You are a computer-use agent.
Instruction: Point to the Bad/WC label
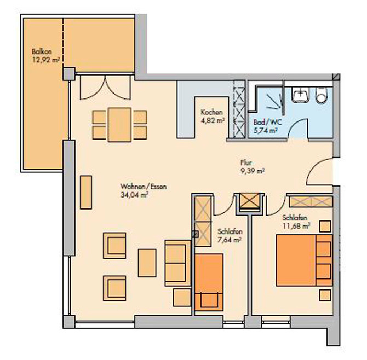click(263, 123)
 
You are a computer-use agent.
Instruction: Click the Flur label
click(246, 162)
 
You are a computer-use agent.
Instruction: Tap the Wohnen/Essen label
click(135, 186)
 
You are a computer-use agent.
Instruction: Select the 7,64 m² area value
click(230, 239)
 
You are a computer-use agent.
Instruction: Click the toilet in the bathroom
click(322, 95)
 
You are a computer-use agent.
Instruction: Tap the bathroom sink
click(301, 95)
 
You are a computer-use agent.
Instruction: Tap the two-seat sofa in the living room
click(176, 262)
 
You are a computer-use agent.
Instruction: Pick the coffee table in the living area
click(147, 263)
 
